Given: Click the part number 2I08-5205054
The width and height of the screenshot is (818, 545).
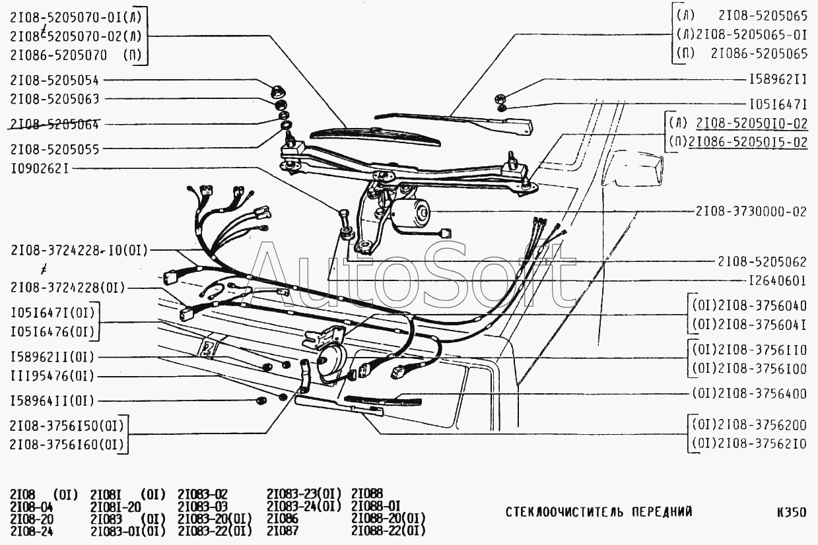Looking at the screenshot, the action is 54,80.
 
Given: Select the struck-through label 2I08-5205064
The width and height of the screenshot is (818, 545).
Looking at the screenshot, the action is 54,123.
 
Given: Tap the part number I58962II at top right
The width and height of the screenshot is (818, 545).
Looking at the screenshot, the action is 778,79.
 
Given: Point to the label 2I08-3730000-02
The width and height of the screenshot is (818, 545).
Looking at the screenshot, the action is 751,212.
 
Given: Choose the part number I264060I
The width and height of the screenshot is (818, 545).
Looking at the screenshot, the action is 777,280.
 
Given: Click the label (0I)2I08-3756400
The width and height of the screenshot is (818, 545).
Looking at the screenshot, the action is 749,394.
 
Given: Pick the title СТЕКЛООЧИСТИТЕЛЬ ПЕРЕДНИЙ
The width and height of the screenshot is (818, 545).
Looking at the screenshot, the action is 599,511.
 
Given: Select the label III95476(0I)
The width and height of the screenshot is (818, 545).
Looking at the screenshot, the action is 52,376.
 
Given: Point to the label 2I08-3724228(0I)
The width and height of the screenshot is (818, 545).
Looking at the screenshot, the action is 67,287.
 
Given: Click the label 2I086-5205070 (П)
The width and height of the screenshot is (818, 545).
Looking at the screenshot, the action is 76,55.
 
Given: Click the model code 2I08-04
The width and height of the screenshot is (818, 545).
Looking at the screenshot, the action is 32,507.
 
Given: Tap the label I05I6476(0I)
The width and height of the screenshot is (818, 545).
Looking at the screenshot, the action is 51,331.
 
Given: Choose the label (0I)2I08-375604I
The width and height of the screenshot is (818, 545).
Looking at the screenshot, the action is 749,325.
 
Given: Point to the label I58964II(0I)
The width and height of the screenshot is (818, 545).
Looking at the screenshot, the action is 52,401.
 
